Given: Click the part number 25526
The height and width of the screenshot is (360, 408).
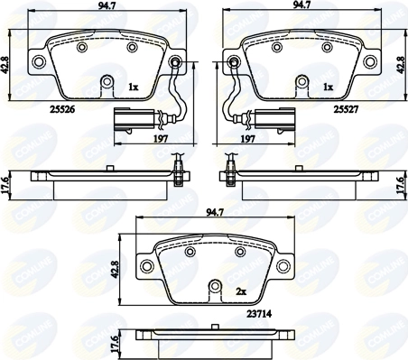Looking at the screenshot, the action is (x=61, y=110).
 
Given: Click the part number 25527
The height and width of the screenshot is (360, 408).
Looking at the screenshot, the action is (x=346, y=110).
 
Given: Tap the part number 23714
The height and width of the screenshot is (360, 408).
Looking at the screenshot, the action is (x=259, y=314).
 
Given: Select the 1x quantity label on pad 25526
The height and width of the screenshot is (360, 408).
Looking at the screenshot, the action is (x=133, y=88).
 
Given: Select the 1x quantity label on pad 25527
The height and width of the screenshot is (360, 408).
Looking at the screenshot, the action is (x=329, y=88).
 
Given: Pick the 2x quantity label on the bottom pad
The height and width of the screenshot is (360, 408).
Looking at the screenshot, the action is (x=241, y=291).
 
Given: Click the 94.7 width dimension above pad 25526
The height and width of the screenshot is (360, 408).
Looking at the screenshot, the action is (x=107, y=5).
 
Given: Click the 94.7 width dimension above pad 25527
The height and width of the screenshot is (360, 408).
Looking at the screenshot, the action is (x=301, y=5).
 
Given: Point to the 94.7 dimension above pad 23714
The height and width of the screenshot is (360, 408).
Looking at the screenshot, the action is (x=215, y=212).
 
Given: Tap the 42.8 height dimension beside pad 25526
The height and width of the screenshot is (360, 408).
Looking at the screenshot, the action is (x=5, y=65).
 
